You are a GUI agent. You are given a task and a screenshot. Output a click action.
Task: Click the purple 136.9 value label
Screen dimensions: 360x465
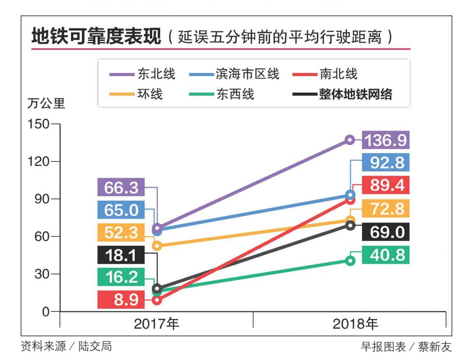385,140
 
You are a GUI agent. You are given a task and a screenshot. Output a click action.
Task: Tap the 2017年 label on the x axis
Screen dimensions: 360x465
156,324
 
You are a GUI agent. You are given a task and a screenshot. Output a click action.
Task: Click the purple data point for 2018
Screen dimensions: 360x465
350,139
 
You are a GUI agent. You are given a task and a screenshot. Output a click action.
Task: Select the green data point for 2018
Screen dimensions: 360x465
350,261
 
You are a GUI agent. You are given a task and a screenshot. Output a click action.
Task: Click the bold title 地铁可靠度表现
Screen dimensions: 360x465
96,37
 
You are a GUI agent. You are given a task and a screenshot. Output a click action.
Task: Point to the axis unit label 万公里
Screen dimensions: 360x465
46,104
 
